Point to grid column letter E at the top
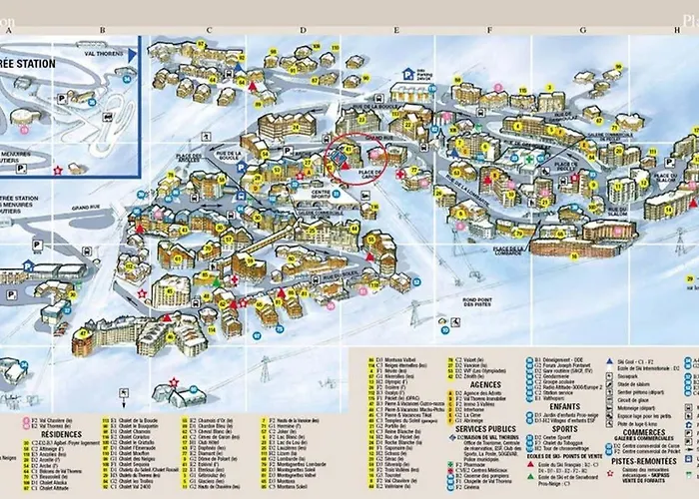(x=396, y=30)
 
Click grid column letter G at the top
(x=582, y=30)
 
